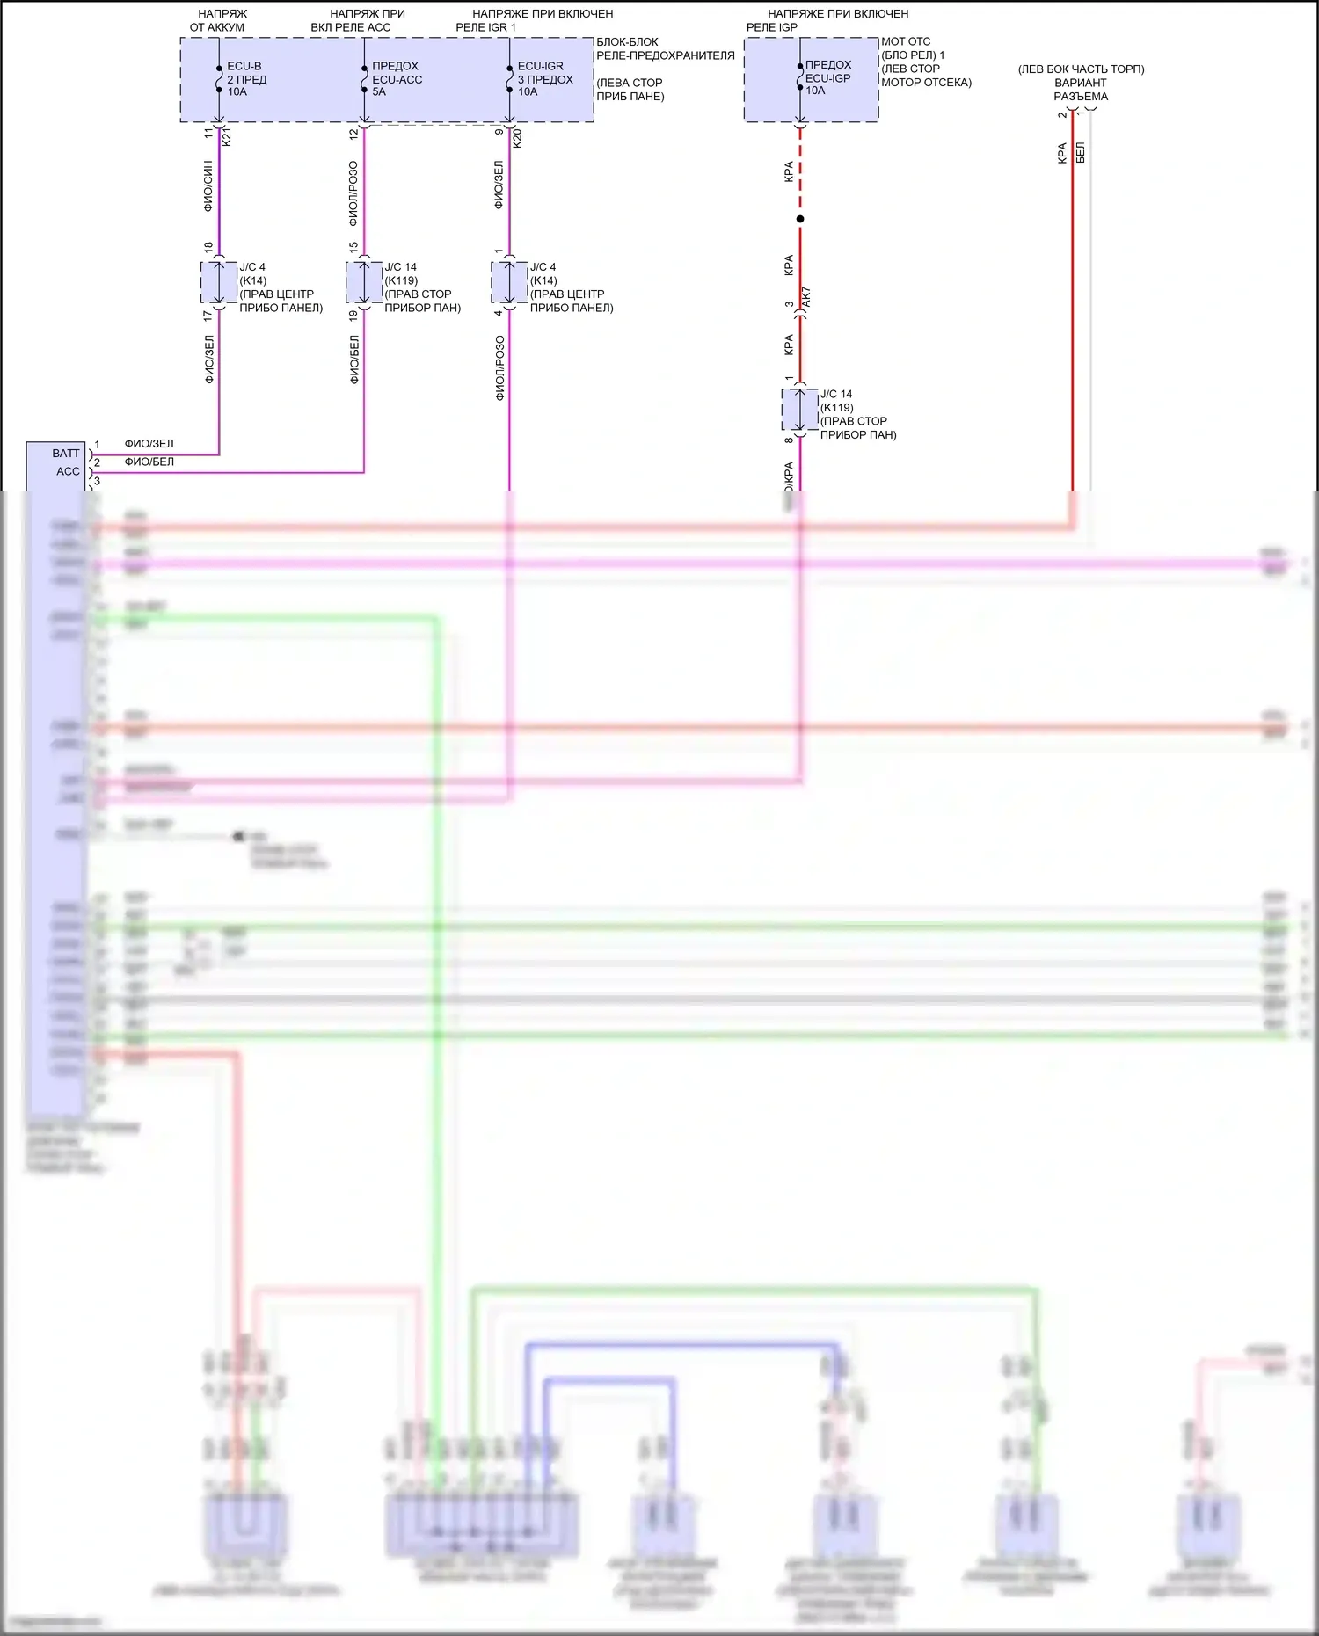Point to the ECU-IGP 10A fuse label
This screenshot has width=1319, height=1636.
pyautogui.click(x=828, y=77)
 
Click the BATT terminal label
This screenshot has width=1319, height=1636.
pyautogui.click(x=66, y=454)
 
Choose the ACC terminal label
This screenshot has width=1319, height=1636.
pyautogui.click(x=68, y=472)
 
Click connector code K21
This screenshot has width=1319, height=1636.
pyautogui.click(x=227, y=137)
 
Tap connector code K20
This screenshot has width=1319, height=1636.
pyautogui.click(x=517, y=137)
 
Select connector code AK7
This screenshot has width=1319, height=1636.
pyautogui.click(x=806, y=297)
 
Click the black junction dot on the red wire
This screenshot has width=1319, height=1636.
pyautogui.click(x=800, y=219)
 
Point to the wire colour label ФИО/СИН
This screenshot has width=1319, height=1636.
pyautogui.click(x=208, y=185)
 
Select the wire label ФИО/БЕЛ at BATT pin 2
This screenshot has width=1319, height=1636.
pyautogui.click(x=149, y=462)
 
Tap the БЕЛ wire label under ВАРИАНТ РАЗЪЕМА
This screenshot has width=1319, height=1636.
pyautogui.click(x=1081, y=152)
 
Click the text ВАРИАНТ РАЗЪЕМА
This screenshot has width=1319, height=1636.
pyautogui.click(x=1081, y=90)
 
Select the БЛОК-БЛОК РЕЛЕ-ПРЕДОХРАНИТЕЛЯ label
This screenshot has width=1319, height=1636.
pyautogui.click(x=665, y=48)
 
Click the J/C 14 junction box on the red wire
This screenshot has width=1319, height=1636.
pyautogui.click(x=800, y=410)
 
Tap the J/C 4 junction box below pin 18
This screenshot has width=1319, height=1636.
pyautogui.click(x=219, y=282)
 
